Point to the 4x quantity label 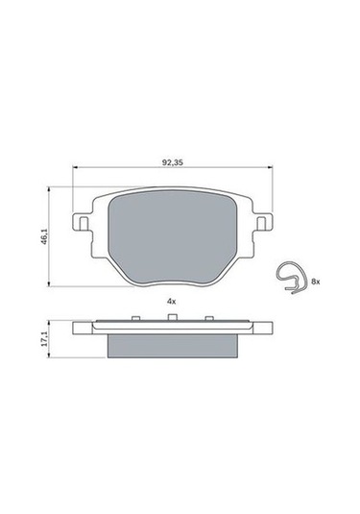point(171,301)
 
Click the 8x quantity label point(316,281)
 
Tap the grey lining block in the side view point(171,343)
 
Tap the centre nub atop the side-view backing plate point(172,319)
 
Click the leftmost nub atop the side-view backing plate point(133,319)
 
